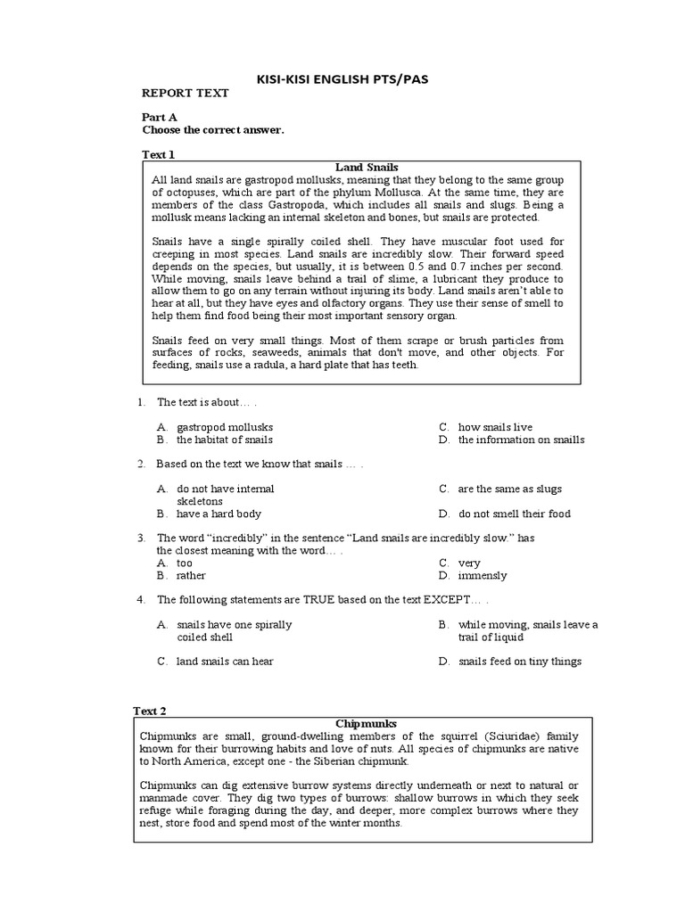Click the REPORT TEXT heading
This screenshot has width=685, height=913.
click(186, 93)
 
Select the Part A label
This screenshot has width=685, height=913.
click(160, 117)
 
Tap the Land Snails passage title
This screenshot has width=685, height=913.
click(366, 167)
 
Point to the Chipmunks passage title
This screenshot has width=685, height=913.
click(366, 723)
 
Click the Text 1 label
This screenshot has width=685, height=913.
click(159, 154)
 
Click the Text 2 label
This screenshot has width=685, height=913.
click(150, 711)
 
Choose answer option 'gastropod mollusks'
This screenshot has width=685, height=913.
click(225, 427)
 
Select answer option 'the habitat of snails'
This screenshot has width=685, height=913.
click(225, 440)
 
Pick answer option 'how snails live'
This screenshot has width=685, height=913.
click(495, 427)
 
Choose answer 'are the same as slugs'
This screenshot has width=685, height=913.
click(510, 489)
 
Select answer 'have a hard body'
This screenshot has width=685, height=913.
click(219, 514)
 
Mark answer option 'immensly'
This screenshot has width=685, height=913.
click(483, 575)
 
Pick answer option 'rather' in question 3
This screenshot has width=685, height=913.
click(191, 575)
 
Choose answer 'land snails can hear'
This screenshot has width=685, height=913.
click(225, 662)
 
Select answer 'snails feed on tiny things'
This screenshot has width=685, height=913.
click(520, 662)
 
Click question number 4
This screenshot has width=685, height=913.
click(141, 600)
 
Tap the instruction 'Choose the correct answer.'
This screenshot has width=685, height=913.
click(213, 129)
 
